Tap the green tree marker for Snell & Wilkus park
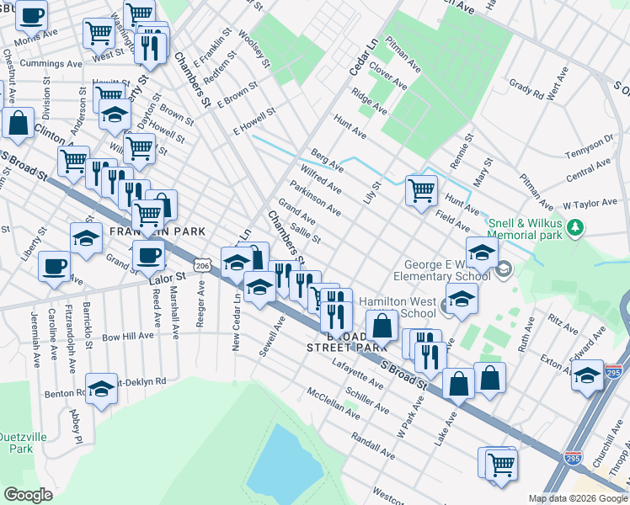[x=576, y=227]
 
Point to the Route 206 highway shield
[x=201, y=265]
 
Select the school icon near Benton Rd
[x=101, y=388]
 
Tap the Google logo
[x=28, y=494]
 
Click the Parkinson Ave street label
[x=315, y=197]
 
